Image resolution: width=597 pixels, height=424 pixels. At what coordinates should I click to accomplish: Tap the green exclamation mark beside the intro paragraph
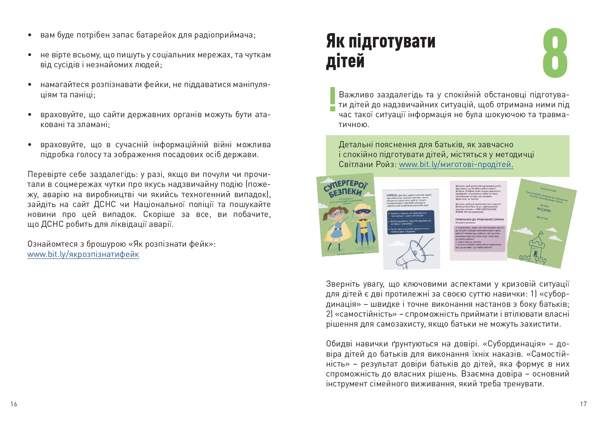click(332, 99)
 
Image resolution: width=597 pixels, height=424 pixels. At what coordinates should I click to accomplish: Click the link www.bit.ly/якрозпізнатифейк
click(83, 254)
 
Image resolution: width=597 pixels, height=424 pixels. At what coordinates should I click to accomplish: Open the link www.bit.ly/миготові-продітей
click(455, 164)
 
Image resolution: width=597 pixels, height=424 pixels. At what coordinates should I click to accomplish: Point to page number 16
click(14, 404)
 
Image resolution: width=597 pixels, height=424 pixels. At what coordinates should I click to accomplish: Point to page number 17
click(583, 404)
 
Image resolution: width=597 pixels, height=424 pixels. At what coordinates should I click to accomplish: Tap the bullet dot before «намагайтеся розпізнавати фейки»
click(30, 84)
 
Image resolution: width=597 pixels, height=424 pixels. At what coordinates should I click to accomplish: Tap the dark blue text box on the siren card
click(411, 222)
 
